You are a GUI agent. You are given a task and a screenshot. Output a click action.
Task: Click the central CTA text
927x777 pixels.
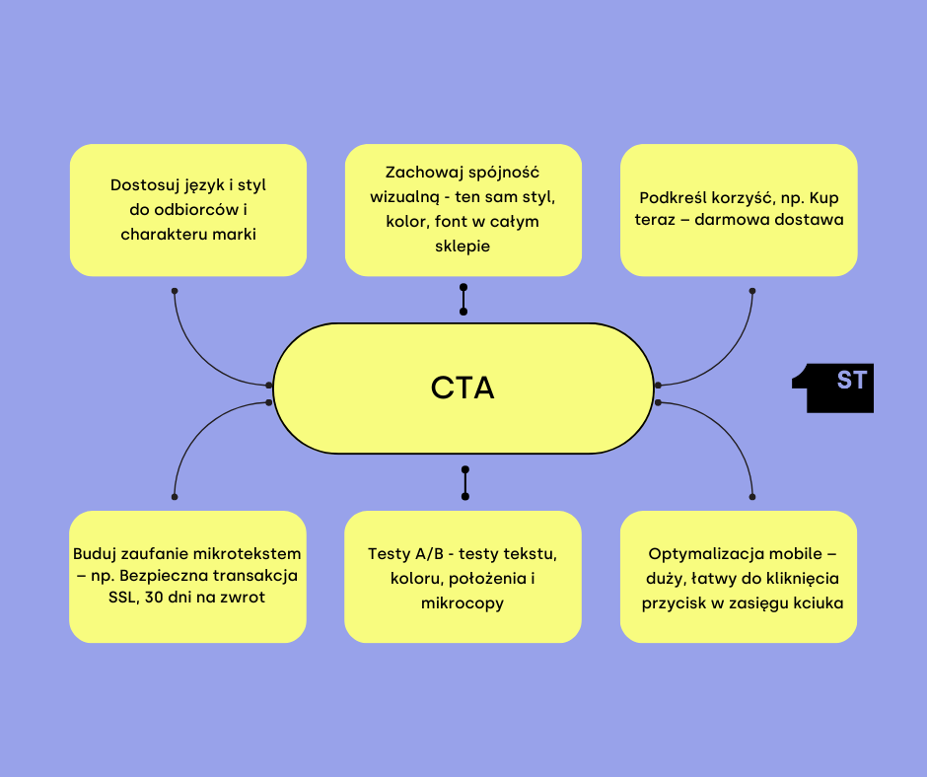(x=463, y=388)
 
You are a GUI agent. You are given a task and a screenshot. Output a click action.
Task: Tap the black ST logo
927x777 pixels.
(x=834, y=389)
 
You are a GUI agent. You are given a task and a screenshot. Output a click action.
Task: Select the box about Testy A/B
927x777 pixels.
(x=463, y=577)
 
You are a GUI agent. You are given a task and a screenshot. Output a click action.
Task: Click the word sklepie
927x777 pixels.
(x=463, y=247)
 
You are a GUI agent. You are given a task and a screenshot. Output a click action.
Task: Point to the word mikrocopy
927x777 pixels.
(x=463, y=602)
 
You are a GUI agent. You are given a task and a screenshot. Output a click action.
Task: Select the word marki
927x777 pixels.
(x=233, y=234)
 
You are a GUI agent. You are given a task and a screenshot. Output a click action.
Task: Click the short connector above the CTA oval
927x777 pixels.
(x=463, y=299)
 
